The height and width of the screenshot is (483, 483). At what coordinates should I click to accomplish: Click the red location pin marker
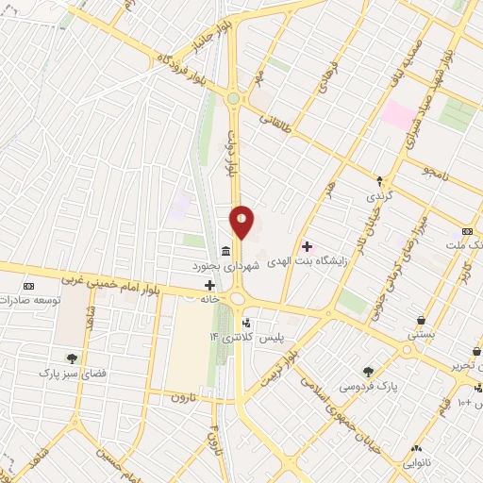pyautogui.click(x=242, y=223)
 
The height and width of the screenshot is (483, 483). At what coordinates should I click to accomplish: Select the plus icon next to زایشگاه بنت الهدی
pyautogui.click(x=307, y=245)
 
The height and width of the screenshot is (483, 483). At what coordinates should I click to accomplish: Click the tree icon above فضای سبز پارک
pyautogui.click(x=72, y=358)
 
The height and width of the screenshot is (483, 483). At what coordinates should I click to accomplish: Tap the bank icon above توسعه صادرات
pyautogui.click(x=28, y=285)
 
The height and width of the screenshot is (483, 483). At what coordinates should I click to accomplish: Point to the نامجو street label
pyautogui.click(x=439, y=172)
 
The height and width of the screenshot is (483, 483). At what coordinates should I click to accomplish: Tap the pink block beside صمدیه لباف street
pyautogui.click(x=398, y=116)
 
